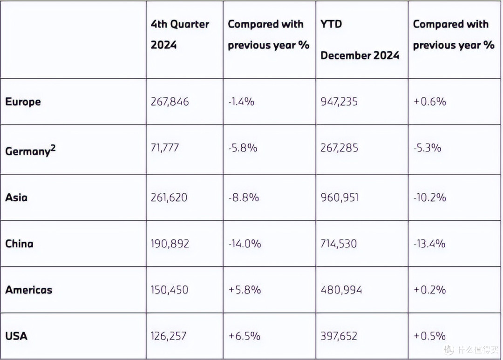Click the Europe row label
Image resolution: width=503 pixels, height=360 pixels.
[x=23, y=102]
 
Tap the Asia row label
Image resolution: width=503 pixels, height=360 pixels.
[x=16, y=197]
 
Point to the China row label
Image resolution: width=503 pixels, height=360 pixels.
[x=19, y=244]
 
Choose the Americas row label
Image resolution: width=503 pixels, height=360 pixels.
[x=28, y=290]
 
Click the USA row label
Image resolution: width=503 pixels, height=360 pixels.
[x=16, y=336]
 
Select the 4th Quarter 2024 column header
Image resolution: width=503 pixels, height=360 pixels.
[x=180, y=34]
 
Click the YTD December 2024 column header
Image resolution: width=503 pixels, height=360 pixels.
[x=360, y=40]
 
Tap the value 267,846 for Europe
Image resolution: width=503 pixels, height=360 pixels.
[x=170, y=102]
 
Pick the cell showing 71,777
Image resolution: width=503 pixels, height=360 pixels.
[x=164, y=148]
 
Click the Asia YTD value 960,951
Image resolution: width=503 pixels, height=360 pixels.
[x=340, y=197]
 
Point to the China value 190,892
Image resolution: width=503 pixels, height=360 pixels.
[x=170, y=244]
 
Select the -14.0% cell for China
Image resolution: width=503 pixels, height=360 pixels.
[x=245, y=244]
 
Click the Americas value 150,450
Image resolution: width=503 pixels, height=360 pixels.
[x=170, y=290]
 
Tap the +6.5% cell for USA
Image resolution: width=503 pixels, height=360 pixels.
[x=244, y=336]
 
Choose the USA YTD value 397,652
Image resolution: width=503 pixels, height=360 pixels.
[x=339, y=336]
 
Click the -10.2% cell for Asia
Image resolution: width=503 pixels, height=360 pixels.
[x=429, y=197]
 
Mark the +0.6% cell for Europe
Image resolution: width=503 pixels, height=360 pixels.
[x=429, y=102]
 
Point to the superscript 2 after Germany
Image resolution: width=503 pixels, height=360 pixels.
[x=53, y=148]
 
